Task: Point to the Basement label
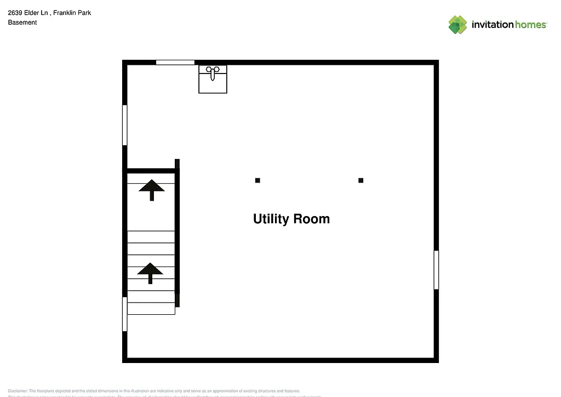[22, 22]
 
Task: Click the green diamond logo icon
[457, 25]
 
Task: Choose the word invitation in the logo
[492, 25]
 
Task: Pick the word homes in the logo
[530, 25]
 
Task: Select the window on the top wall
[175, 63]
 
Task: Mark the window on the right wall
[436, 270]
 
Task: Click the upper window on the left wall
[125, 125]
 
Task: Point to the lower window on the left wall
[125, 314]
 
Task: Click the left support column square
[257, 180]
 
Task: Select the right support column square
[360, 180]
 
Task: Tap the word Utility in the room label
[271, 219]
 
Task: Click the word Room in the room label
[312, 219]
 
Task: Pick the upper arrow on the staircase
[152, 189]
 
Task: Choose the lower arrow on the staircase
[150, 273]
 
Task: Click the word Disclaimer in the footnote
[18, 390]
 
